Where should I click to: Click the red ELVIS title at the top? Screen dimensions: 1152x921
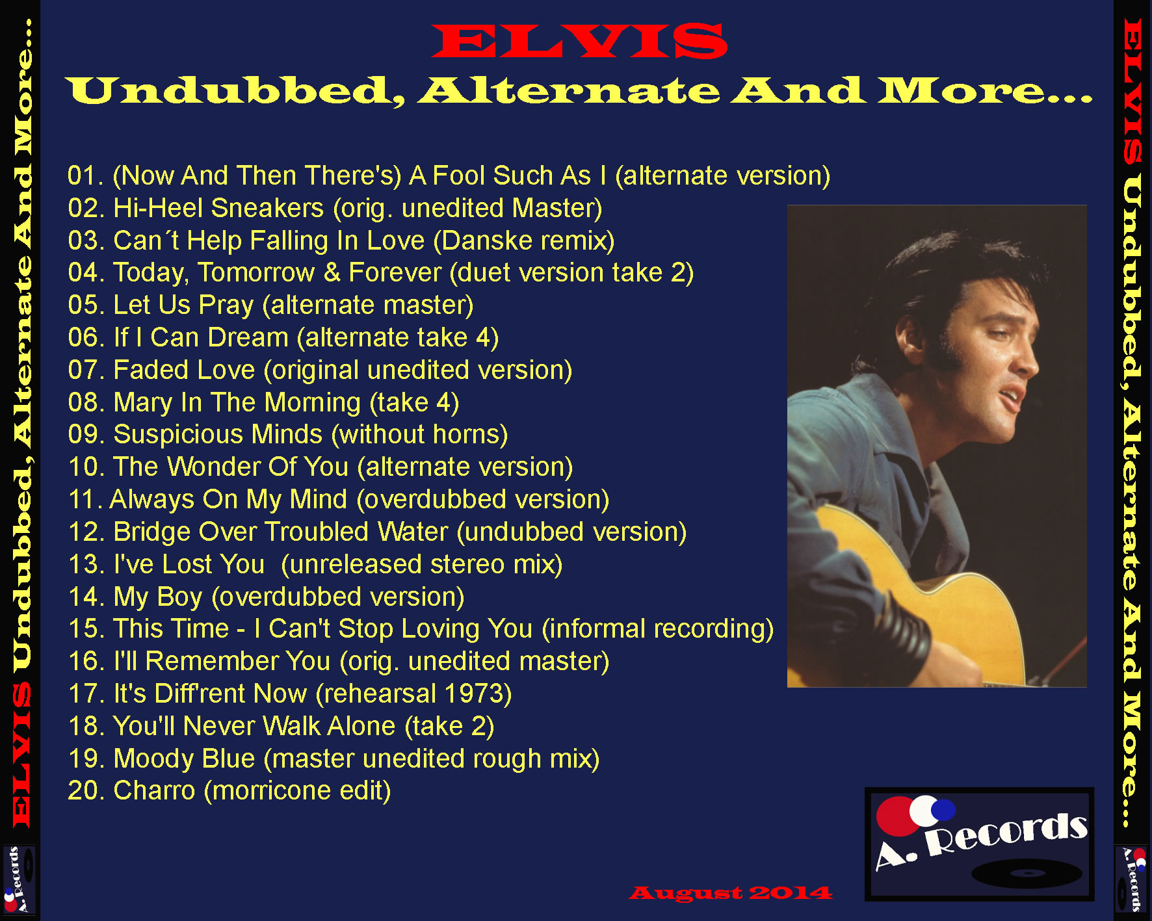[579, 41]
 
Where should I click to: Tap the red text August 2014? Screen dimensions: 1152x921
[730, 893]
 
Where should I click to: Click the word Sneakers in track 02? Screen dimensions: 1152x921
[267, 208]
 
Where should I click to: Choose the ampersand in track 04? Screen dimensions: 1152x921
[332, 273]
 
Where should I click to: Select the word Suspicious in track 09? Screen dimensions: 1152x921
[218, 435]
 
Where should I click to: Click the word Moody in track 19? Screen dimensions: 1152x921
[152, 759]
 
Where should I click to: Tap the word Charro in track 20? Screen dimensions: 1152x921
[154, 791]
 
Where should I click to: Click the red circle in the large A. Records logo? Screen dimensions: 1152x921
[895, 816]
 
